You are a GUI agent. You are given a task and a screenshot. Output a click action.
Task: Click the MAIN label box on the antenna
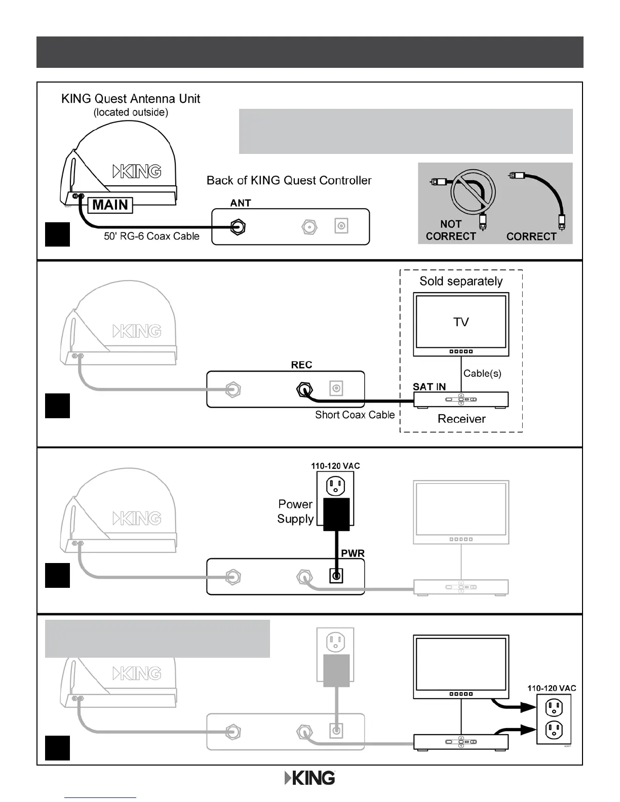click(x=110, y=205)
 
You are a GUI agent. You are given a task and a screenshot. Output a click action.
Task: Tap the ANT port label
click(x=241, y=203)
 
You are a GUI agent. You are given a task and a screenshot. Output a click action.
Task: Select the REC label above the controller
click(x=301, y=365)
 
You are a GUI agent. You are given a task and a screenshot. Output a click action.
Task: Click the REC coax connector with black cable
click(x=304, y=389)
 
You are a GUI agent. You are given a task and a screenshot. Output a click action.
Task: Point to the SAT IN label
click(x=429, y=387)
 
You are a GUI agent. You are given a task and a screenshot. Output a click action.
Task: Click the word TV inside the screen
click(x=461, y=322)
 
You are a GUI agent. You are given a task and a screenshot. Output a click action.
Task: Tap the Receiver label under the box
click(x=461, y=419)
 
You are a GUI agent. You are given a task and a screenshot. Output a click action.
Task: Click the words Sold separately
click(x=461, y=282)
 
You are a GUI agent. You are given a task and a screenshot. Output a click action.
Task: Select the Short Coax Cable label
click(x=355, y=415)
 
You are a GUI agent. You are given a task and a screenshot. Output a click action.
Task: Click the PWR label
click(x=353, y=553)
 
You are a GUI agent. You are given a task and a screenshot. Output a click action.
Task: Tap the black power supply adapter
click(x=336, y=514)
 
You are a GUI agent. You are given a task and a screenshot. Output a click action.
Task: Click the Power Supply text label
click(x=295, y=511)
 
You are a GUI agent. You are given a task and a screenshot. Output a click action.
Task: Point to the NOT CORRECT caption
click(x=451, y=230)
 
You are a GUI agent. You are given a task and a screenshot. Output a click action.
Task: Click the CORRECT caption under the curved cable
click(x=531, y=236)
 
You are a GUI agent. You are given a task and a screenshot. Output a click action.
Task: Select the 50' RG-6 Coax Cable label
click(x=151, y=236)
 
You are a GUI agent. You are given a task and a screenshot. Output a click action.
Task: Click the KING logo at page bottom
click(x=309, y=778)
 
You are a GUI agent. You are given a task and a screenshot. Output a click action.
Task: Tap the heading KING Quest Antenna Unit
click(x=131, y=99)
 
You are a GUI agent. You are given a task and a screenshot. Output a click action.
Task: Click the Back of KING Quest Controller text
click(x=289, y=181)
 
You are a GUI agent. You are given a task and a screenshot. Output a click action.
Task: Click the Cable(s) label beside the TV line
click(x=482, y=373)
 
